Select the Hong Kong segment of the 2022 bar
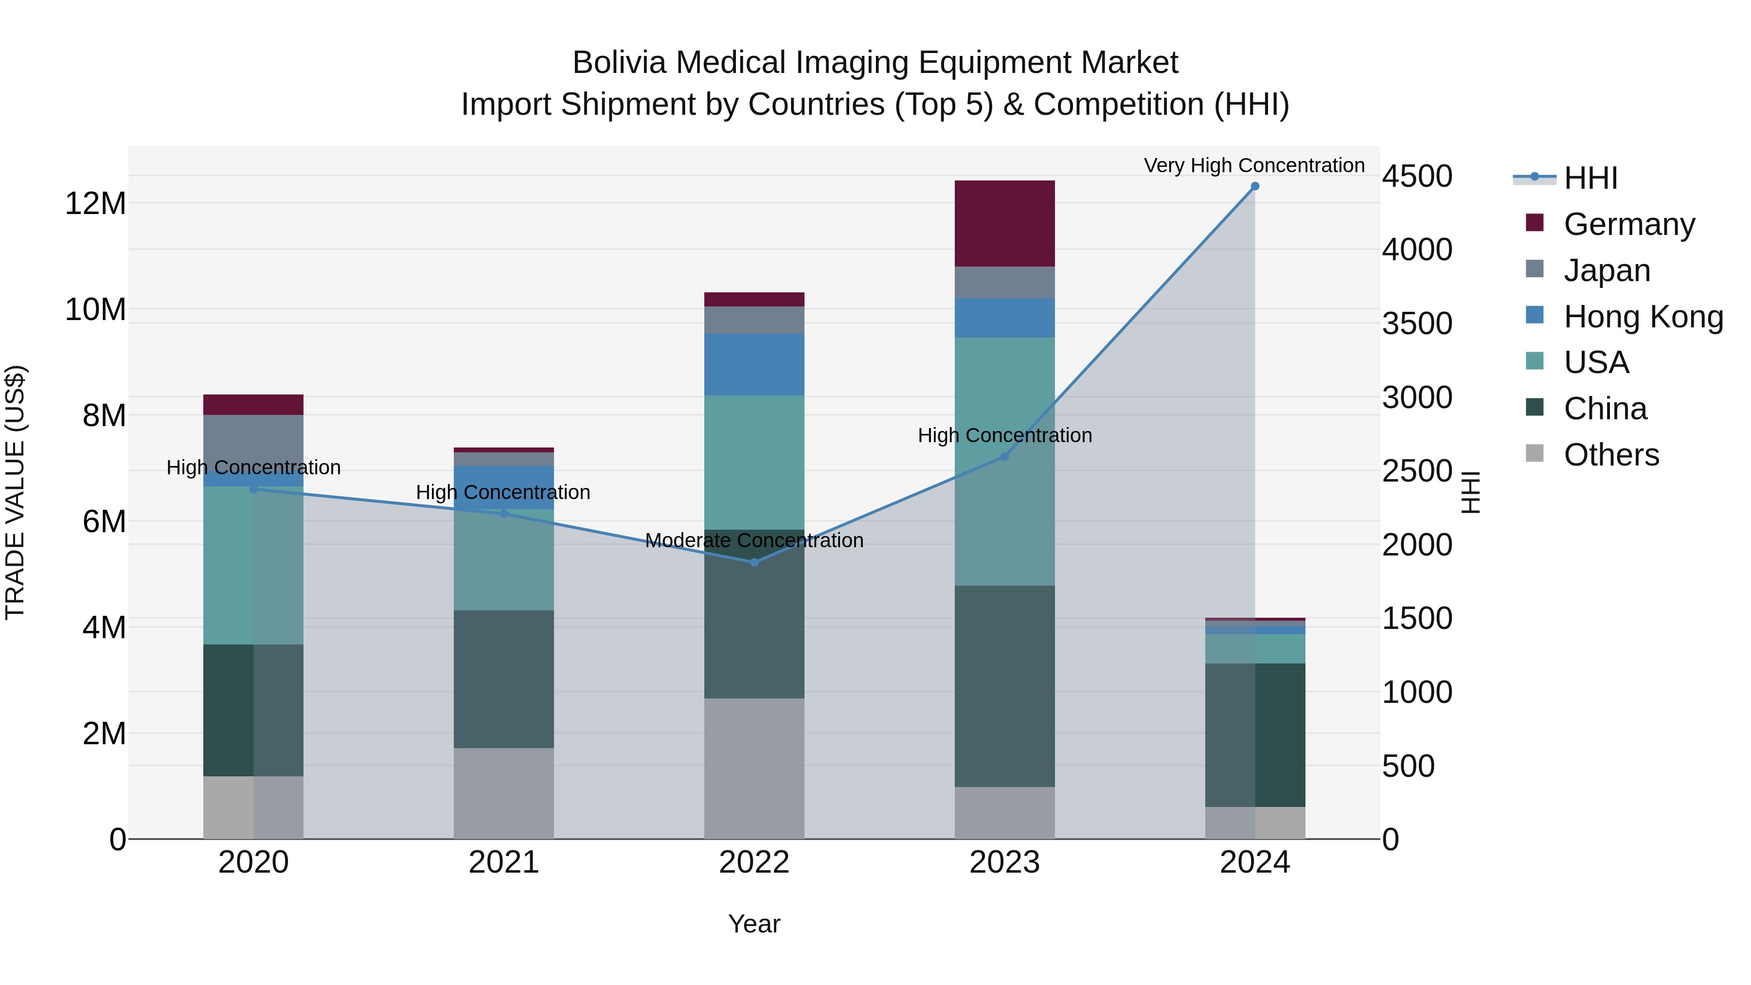pos(754,364)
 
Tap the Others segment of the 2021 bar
pos(504,793)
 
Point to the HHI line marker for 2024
pos(1255,186)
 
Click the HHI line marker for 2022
pos(754,562)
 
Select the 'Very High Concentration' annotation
pos(1254,165)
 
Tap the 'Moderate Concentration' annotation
pos(754,540)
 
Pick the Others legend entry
pos(1611,455)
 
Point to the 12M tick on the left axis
pos(95,203)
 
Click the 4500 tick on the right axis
pos(1417,176)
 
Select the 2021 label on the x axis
pos(504,862)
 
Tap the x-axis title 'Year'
pos(754,924)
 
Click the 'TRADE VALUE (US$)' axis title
pos(15,492)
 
